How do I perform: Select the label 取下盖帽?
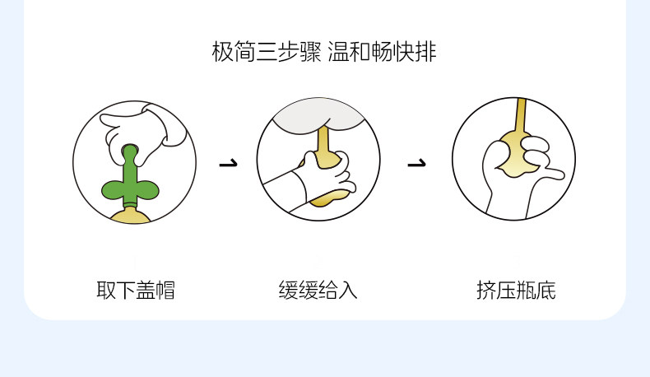pyautogui.click(x=136, y=290)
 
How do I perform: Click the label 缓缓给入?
pyautogui.click(x=318, y=290)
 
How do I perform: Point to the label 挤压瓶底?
pyautogui.click(x=516, y=290)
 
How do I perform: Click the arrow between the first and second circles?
pyautogui.click(x=228, y=162)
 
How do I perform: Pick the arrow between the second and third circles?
pyautogui.click(x=417, y=162)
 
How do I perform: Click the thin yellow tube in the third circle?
pyautogui.click(x=520, y=115)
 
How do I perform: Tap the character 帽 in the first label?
pyautogui.click(x=165, y=290)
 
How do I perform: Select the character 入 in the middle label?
pyautogui.click(x=348, y=290)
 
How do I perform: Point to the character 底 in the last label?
pyautogui.click(x=546, y=290)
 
